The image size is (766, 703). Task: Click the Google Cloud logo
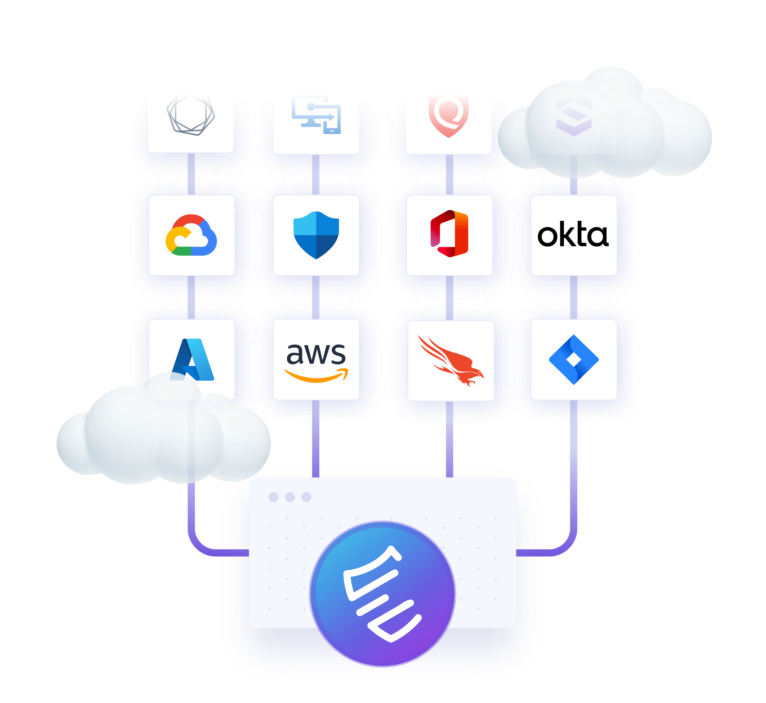191,235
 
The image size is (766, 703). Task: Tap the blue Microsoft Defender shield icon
316,235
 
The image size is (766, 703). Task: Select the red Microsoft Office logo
450,234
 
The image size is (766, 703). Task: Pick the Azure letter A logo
193,359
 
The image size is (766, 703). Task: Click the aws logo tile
316,359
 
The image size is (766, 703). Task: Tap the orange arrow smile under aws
316,376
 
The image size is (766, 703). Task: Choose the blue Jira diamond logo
574,359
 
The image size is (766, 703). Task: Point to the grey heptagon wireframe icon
191,115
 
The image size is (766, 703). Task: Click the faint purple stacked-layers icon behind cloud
574,116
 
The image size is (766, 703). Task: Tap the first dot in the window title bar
274,497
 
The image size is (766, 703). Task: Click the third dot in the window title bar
306,497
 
